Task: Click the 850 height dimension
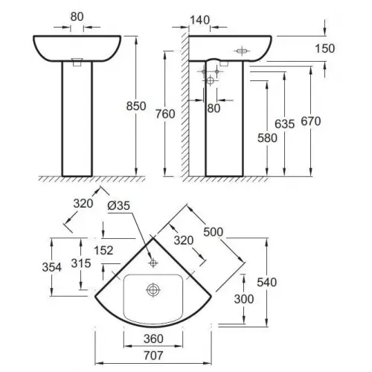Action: click(136, 106)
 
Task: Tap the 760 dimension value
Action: click(165, 114)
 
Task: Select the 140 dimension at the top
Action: click(200, 20)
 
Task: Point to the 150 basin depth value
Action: click(325, 48)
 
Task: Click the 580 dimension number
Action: click(267, 138)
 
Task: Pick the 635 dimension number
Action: click(284, 124)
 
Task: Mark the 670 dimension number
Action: click(311, 121)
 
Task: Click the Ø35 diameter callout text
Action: click(119, 205)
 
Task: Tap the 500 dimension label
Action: click(214, 232)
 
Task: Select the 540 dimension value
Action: click(266, 282)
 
